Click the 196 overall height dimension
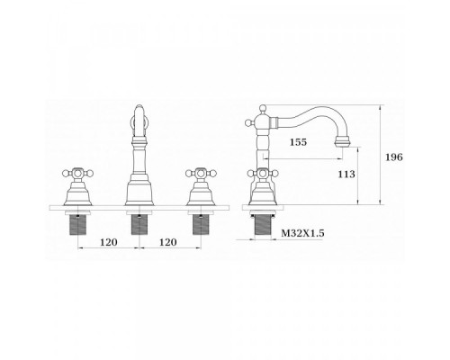394,157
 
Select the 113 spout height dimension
346,175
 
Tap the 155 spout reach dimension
298,142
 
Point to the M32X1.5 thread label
302,233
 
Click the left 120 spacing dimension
109,242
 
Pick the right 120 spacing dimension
168,242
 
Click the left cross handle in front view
78,173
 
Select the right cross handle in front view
201,173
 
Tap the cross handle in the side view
263,173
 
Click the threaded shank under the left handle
78,225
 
